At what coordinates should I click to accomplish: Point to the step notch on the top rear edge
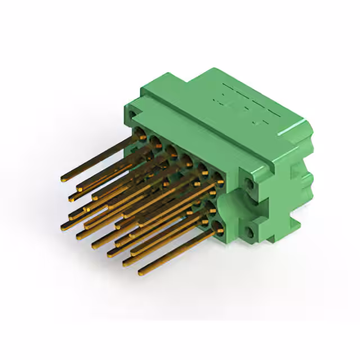183,84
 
